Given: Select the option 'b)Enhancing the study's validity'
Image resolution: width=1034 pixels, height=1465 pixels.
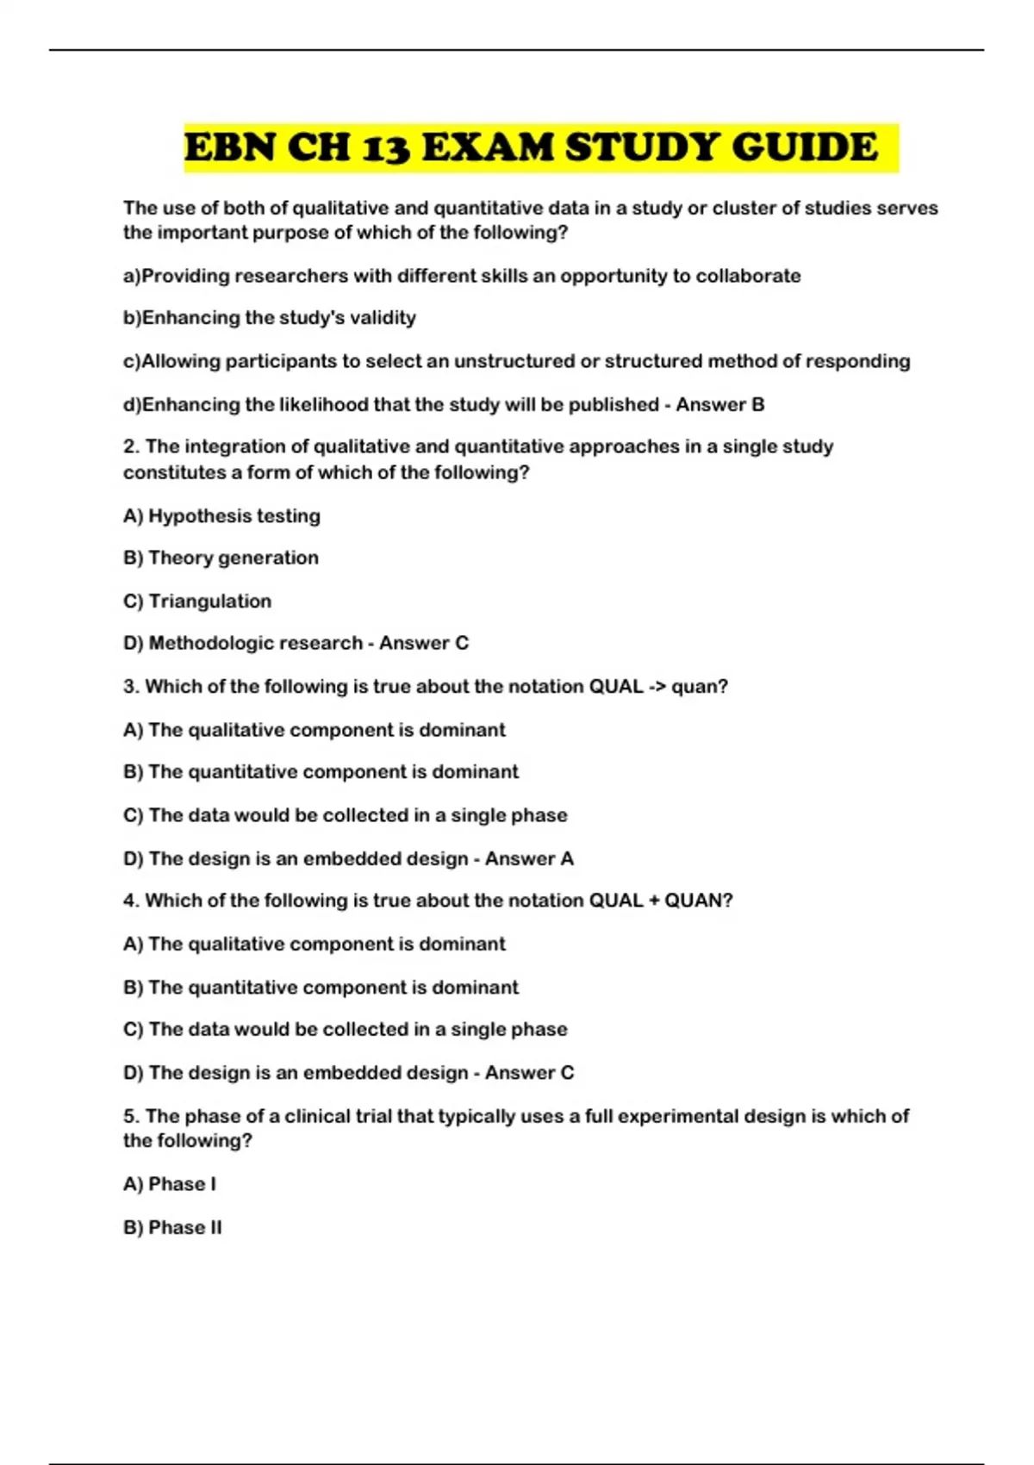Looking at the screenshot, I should pos(270,318).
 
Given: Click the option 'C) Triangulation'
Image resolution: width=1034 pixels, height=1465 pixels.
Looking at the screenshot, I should pos(197,601).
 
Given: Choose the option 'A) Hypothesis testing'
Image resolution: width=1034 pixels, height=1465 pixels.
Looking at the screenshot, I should pos(221,515).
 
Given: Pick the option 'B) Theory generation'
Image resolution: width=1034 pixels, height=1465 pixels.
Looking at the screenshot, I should pos(221,558).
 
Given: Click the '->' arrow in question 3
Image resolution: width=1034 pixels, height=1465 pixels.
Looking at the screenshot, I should pos(657,687).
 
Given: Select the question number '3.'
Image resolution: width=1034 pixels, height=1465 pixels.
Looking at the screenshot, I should pos(131,687).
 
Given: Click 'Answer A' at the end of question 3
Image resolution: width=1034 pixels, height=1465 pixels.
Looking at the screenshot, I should pos(529,858).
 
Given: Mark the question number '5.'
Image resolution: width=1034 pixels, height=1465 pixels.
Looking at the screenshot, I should pos(131,1116).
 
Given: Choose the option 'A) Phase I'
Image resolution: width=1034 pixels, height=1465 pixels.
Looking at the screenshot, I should pos(170,1184).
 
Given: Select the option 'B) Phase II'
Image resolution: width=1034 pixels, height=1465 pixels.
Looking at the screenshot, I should pos(172,1227).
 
